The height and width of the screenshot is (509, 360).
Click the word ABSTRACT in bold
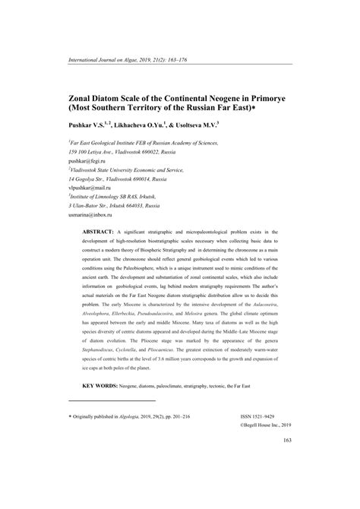pos(99,229)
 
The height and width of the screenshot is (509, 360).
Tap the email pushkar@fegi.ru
pos(88,163)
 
